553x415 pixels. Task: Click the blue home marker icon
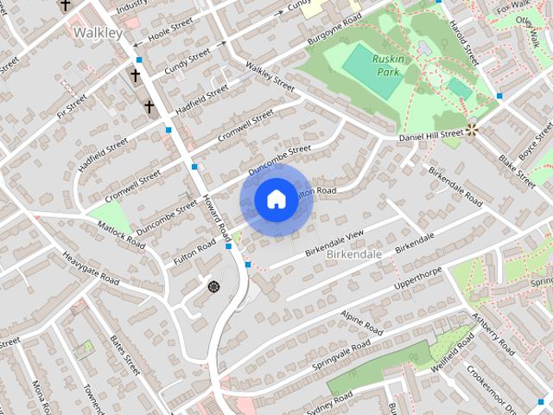click(x=275, y=200)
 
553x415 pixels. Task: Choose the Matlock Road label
click(x=122, y=234)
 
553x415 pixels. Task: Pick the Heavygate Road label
click(x=90, y=269)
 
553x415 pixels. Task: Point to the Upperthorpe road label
click(x=418, y=278)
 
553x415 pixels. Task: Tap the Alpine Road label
click(x=361, y=323)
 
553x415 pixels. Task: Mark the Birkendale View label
click(x=334, y=242)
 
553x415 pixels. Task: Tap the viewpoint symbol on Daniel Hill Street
click(x=472, y=130)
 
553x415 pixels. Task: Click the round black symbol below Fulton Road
click(x=213, y=285)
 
